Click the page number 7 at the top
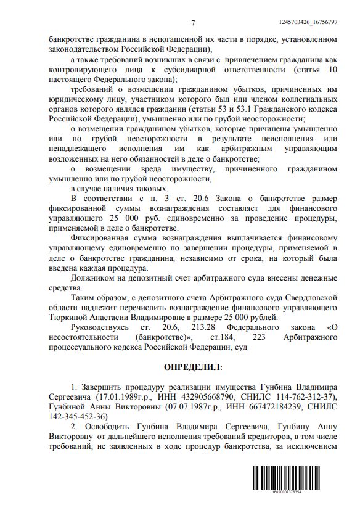(192, 23)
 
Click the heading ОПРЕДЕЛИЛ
(192, 367)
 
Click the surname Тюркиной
(68, 316)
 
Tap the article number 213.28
(189, 326)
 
